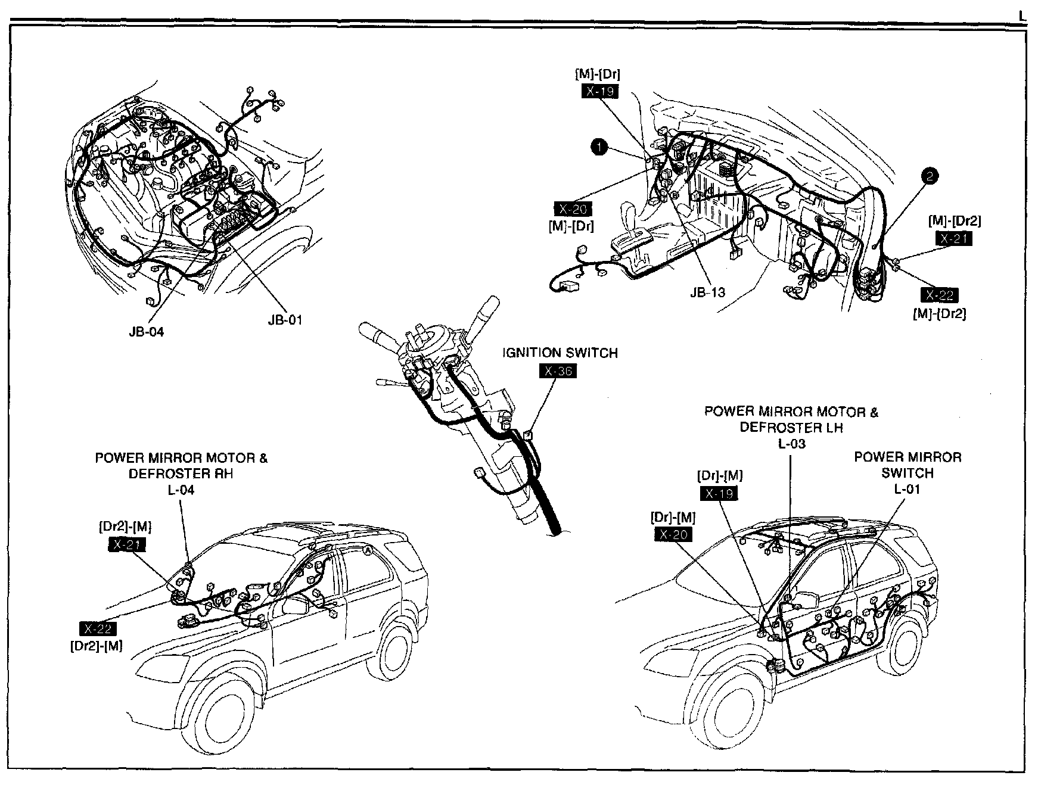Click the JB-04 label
pos(146,332)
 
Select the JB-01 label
pos(285,320)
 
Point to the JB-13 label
pos(707,292)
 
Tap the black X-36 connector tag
pos(558,371)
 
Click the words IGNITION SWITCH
pos(560,353)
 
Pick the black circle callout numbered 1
pos(599,147)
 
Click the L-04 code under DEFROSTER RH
pos(181,490)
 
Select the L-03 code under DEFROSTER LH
pos(791,443)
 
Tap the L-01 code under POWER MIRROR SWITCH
pos(907,489)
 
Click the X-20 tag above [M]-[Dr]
pos(573,209)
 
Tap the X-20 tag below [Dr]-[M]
pos(673,534)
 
